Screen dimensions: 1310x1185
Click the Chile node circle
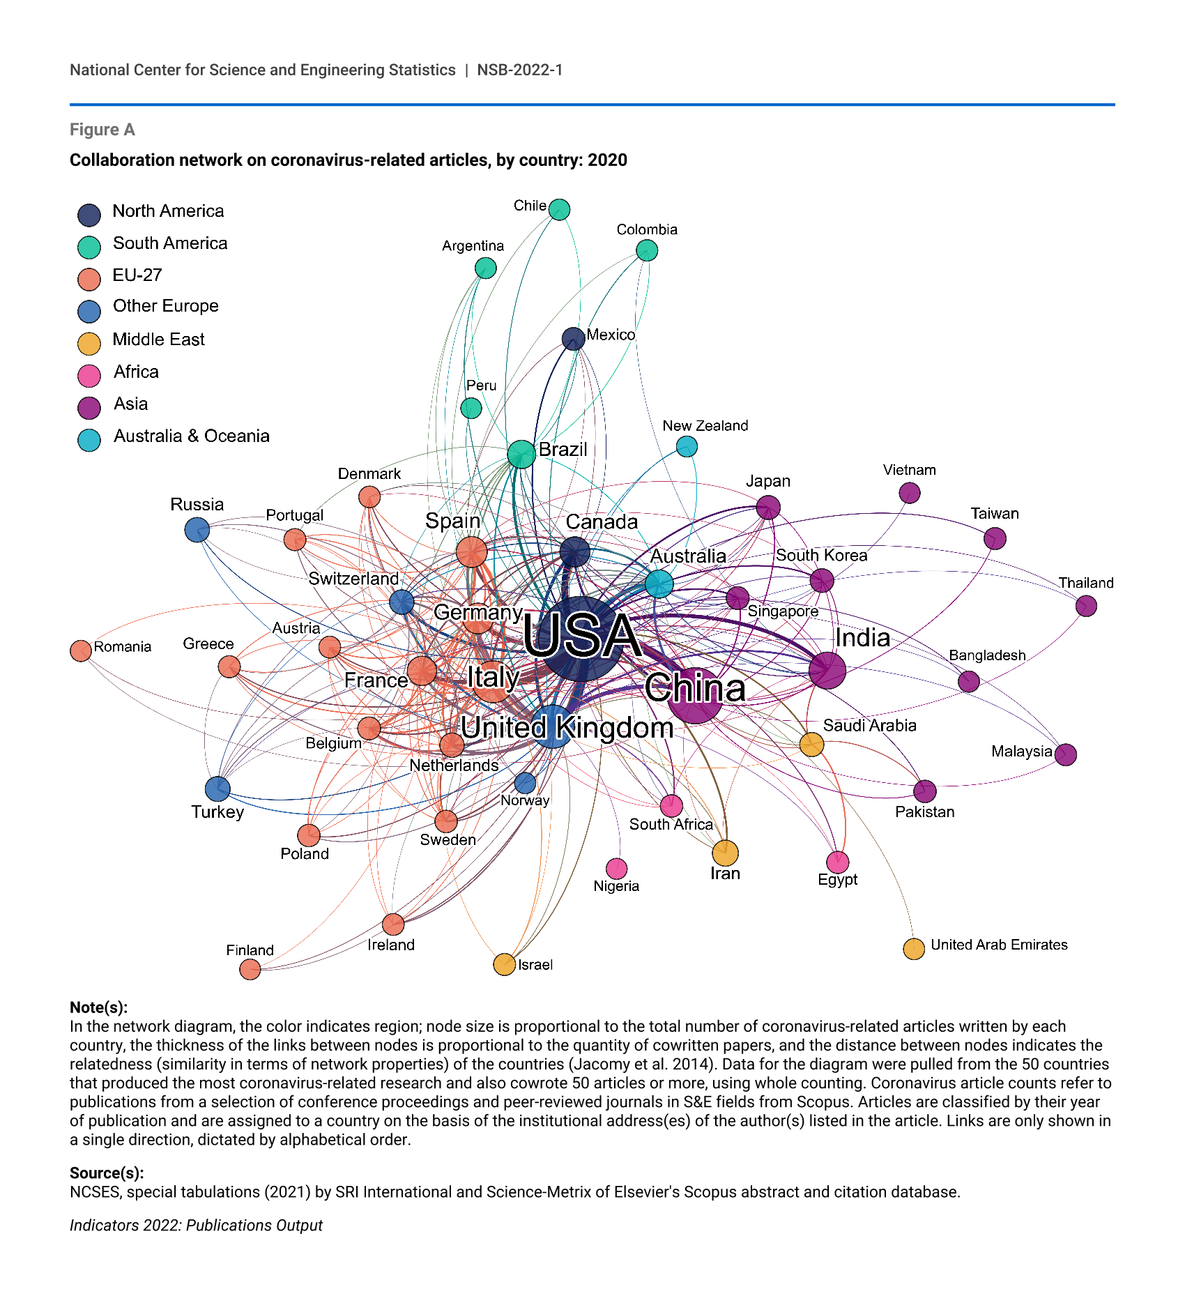(x=559, y=209)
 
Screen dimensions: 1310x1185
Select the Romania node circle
(x=81, y=650)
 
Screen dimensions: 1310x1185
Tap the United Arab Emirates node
(x=914, y=948)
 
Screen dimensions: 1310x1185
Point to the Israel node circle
(x=504, y=964)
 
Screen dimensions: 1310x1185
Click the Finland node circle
(x=250, y=968)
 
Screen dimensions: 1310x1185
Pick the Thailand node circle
(x=1086, y=606)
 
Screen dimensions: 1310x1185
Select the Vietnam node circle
(x=909, y=493)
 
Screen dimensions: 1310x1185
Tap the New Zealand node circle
(x=687, y=446)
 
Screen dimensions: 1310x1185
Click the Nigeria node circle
(x=616, y=868)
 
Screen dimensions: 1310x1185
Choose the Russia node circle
(x=197, y=530)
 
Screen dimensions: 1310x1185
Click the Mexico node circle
(x=573, y=339)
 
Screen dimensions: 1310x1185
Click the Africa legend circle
(x=89, y=375)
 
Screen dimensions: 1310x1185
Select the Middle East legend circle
(x=89, y=343)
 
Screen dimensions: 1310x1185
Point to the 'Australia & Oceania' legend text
(x=192, y=436)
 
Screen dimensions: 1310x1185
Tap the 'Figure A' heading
(x=102, y=130)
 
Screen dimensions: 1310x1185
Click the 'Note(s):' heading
(x=98, y=1007)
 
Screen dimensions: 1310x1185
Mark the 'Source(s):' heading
(x=107, y=1172)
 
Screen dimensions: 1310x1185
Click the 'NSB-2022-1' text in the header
(x=519, y=70)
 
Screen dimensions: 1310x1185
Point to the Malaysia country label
(x=1021, y=751)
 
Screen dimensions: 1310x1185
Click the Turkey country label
(x=217, y=812)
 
